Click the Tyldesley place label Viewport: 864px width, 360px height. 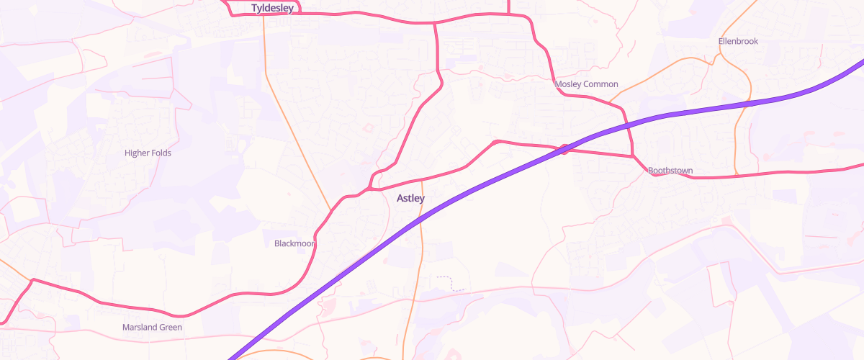pos(272,8)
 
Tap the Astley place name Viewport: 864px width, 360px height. pos(410,198)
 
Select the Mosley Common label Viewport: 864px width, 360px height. pos(587,84)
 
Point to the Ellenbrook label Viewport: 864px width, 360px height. pos(738,41)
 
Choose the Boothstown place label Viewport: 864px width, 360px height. pos(670,171)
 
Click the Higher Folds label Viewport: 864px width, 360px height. pos(148,153)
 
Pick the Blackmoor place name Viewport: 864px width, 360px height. pos(294,243)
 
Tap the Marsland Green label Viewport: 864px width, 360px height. pos(152,327)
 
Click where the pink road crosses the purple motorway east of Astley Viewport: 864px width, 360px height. pos(564,149)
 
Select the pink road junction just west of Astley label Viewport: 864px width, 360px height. pos(369,189)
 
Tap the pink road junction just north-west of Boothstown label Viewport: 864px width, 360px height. pos(633,156)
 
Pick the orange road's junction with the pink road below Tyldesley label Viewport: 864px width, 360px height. pos(264,14)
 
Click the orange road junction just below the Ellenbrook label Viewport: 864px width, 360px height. pos(715,58)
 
